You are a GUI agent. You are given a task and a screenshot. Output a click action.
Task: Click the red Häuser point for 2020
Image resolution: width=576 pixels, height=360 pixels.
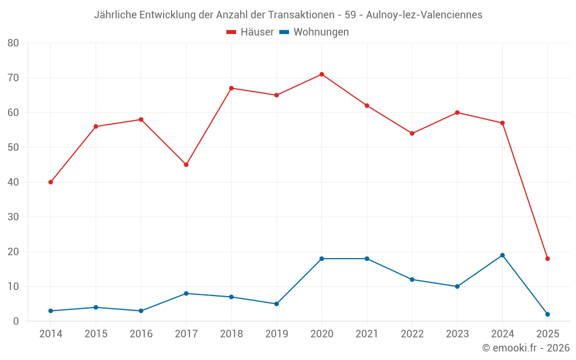coord(321,74)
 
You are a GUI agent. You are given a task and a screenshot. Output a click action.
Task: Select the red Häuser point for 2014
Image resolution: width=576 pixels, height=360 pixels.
coord(51,182)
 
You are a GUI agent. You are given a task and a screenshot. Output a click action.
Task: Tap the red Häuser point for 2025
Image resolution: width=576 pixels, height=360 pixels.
coord(547,259)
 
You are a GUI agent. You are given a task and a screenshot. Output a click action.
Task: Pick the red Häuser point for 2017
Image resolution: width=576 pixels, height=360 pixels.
coord(186,165)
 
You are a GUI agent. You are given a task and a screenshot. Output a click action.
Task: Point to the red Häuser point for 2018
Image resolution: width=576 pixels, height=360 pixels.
coord(231,88)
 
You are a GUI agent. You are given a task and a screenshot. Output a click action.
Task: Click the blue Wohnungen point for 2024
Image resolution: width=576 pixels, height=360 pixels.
coord(502,255)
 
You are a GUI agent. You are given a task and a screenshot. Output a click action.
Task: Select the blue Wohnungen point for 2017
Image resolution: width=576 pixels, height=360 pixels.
coord(186,294)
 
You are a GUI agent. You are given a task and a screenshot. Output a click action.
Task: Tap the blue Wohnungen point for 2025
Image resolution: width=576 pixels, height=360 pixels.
coord(547,314)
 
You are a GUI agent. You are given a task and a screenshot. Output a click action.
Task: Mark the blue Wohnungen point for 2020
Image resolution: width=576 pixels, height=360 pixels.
coord(321,259)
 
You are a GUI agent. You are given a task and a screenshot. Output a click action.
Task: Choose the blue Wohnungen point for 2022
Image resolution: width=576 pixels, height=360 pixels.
coord(412,279)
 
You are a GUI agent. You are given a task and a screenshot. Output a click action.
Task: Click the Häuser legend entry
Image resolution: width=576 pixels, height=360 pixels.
coord(250,32)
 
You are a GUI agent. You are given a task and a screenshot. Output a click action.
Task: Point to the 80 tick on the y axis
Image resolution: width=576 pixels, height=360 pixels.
coord(13,43)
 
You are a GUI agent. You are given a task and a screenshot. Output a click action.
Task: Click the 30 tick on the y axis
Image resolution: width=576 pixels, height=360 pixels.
coord(13,217)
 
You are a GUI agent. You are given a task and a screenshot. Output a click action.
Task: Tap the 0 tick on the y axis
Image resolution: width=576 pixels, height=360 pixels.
coord(16,321)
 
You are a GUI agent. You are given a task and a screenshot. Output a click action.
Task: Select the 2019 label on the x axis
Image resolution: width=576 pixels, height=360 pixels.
coord(276,334)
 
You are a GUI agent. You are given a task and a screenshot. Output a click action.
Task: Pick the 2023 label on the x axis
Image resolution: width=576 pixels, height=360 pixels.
coord(457,334)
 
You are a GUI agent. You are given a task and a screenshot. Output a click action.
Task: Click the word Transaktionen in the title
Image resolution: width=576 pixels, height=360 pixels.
coord(301,15)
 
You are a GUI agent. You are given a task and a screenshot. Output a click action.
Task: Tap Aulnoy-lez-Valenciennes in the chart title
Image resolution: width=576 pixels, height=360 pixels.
coord(425,15)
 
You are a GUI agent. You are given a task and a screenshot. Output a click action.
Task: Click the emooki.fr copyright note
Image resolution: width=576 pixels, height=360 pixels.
coord(526,348)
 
